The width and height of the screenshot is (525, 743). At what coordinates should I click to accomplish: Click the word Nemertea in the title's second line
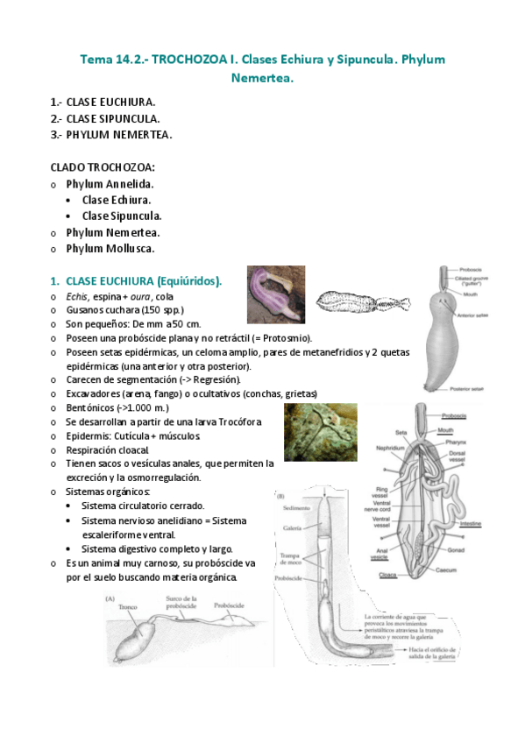(262, 79)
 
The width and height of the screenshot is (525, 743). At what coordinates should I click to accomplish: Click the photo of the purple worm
(276, 294)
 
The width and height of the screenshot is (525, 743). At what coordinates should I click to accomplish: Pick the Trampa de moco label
(291, 560)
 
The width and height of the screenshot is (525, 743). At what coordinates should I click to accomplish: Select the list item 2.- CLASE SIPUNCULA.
(105, 118)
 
